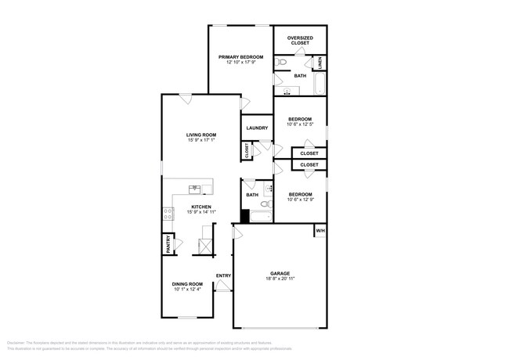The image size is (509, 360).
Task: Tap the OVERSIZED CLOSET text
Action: (x=300, y=40)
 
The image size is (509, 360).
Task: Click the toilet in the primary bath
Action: (x=280, y=61)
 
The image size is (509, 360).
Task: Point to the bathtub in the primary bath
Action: (x=319, y=83)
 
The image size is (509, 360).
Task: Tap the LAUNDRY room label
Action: (x=257, y=128)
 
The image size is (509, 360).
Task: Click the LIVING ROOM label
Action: (x=200, y=135)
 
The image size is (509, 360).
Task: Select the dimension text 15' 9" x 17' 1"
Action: (x=200, y=142)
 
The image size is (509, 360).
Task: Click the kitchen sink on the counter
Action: (x=196, y=188)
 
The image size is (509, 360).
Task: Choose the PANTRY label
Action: (x=168, y=244)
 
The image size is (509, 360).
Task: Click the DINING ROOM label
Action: (x=188, y=284)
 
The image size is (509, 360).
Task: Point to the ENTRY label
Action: (x=223, y=275)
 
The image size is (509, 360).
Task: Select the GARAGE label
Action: (x=280, y=273)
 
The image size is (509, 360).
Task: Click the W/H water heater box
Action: (x=319, y=232)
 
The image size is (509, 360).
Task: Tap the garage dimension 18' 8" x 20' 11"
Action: (x=280, y=279)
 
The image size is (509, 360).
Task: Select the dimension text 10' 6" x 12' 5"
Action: (x=300, y=124)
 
